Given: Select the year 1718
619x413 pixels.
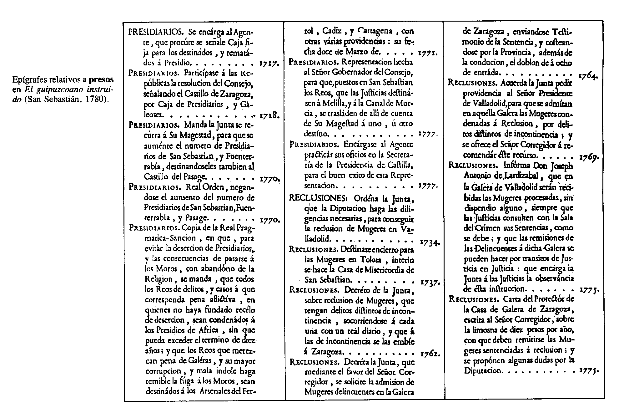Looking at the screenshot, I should (269, 116).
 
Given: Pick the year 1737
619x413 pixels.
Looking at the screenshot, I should (430, 283).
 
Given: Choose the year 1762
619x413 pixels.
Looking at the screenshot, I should (430, 354).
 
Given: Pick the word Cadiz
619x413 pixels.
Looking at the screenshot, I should (332, 31).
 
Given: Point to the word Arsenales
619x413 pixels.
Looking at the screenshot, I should (215, 391).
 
